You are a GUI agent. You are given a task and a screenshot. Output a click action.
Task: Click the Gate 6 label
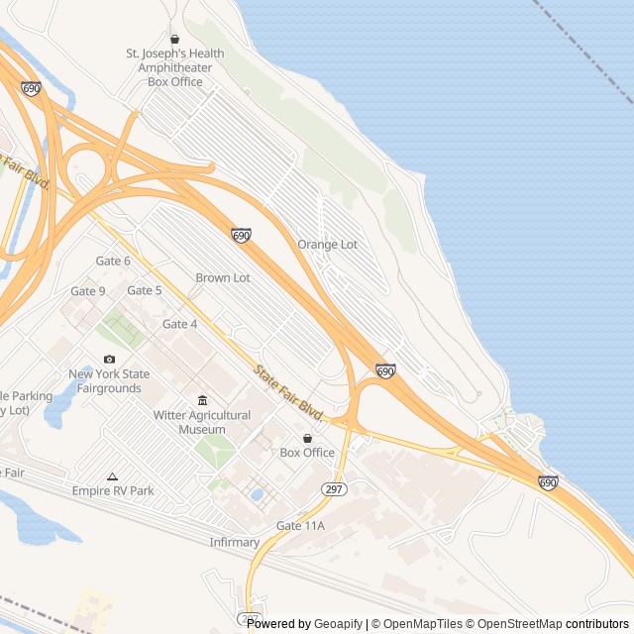pyautogui.click(x=113, y=261)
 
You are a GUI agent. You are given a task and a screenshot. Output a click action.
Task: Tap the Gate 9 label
pyautogui.click(x=88, y=291)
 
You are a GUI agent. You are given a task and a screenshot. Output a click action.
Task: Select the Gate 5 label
pyautogui.click(x=145, y=290)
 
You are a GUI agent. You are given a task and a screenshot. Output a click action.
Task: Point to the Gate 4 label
pyautogui.click(x=179, y=324)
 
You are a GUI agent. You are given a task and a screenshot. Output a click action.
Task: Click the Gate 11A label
pyautogui.click(x=300, y=525)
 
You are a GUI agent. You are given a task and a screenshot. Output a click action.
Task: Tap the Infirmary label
pyautogui.click(x=235, y=542)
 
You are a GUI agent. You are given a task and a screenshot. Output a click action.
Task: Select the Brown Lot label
pyautogui.click(x=223, y=278)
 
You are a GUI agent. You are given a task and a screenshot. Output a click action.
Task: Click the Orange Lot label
pyautogui.click(x=327, y=244)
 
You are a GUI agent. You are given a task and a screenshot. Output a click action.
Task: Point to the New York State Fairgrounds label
pyautogui.click(x=109, y=381)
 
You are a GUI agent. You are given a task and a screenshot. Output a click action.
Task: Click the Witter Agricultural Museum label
pyautogui.click(x=202, y=422)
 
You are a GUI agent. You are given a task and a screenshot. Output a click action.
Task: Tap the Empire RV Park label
pyautogui.click(x=113, y=490)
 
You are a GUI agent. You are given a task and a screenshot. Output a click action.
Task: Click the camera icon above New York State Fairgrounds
pyautogui.click(x=109, y=359)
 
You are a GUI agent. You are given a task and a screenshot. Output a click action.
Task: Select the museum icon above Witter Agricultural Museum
pyautogui.click(x=202, y=400)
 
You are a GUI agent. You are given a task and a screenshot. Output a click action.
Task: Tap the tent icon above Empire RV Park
pyautogui.click(x=112, y=476)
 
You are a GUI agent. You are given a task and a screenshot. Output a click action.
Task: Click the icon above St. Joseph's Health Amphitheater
pyautogui.click(x=174, y=40)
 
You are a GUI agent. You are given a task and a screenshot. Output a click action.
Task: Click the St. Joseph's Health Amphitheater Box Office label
pyautogui.click(x=174, y=67)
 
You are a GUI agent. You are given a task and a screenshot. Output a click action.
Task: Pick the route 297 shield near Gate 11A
pyautogui.click(x=332, y=489)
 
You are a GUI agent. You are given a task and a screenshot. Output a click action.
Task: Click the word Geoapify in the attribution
pyautogui.click(x=338, y=624)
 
